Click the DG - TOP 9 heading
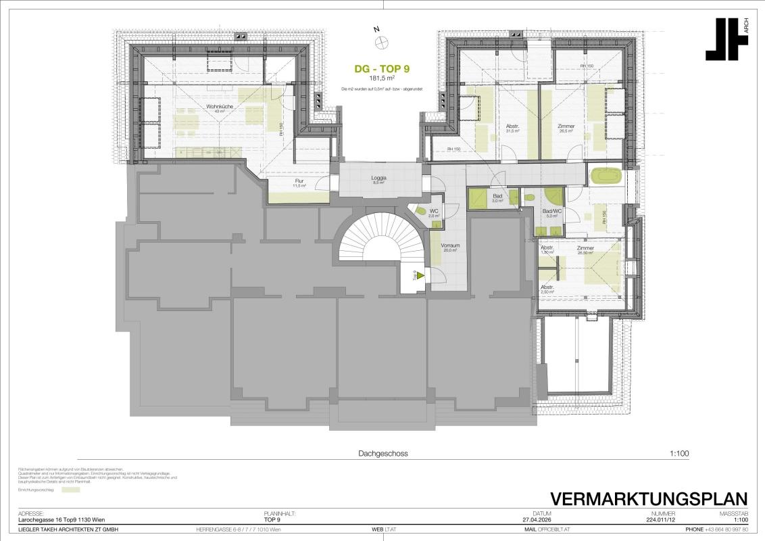pos(382,68)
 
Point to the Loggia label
pos(378,179)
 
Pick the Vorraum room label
pos(449,247)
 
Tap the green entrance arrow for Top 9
pos(420,275)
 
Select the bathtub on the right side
pos(608,177)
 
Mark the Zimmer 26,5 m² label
pos(566,128)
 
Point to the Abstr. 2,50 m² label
pos(547,289)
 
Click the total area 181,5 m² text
pos(382,79)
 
